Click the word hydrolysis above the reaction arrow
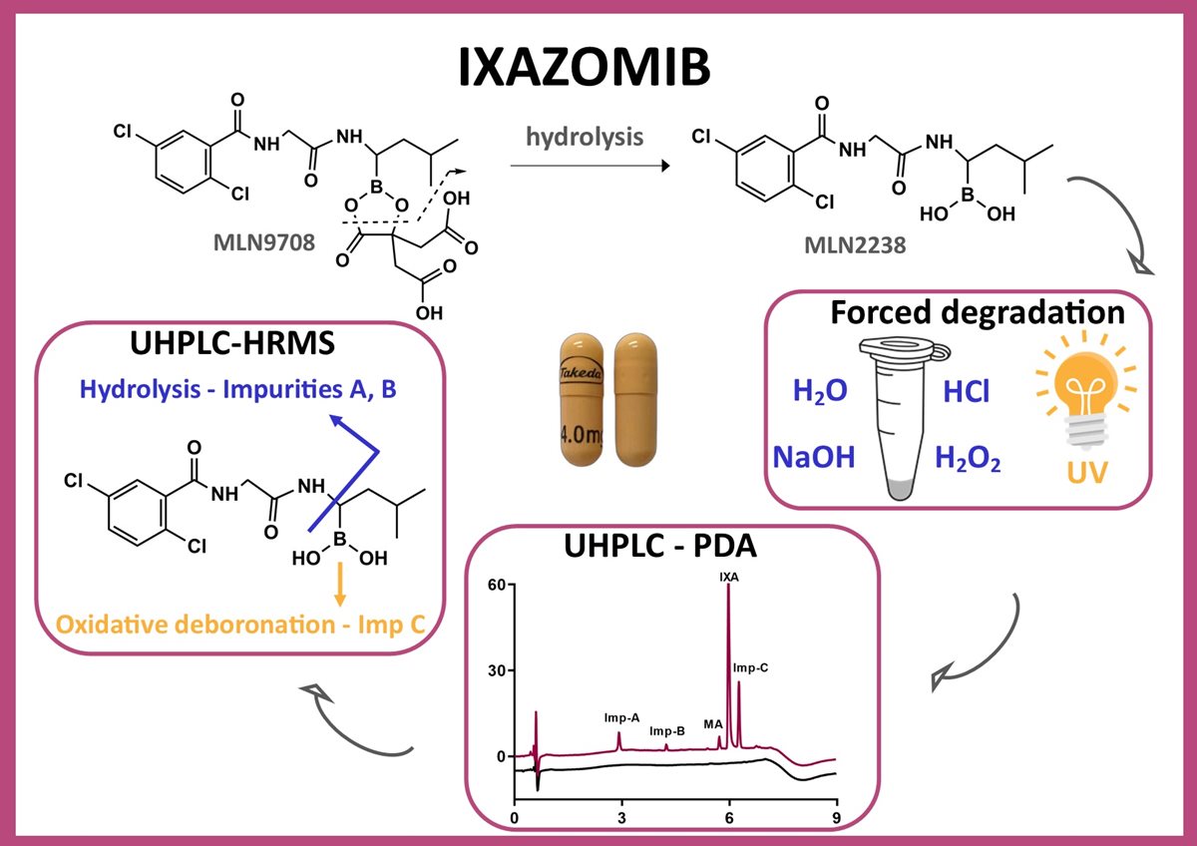click(x=585, y=138)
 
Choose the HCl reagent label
click(x=967, y=392)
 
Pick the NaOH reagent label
click(x=814, y=458)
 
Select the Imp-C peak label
click(x=750, y=666)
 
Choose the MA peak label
click(x=712, y=724)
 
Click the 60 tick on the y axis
click(x=493, y=585)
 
